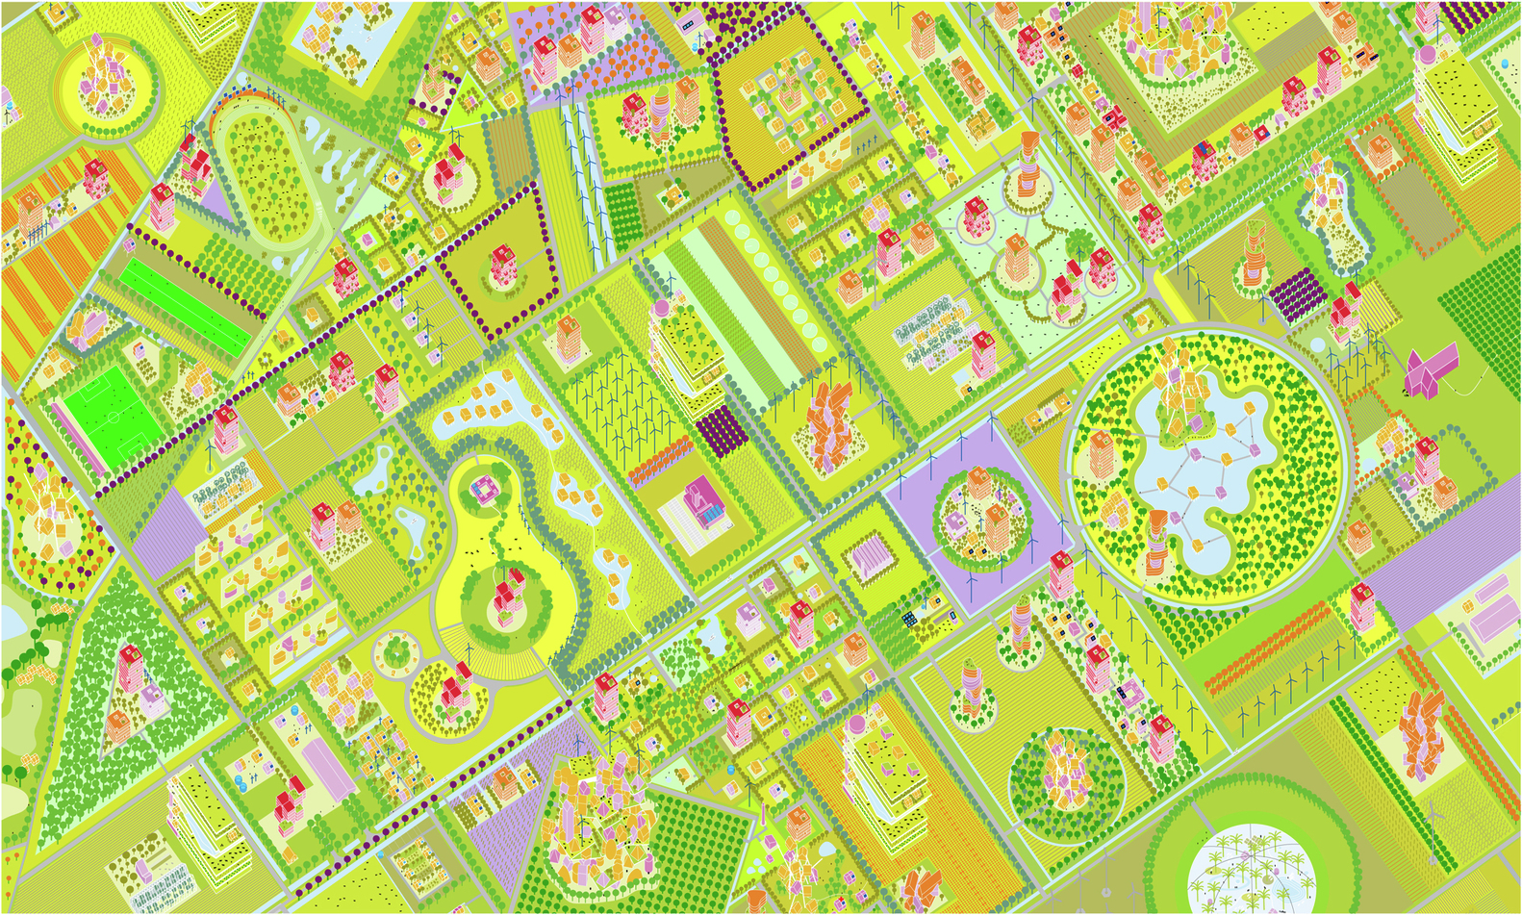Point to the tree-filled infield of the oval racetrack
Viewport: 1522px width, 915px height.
click(x=267, y=175)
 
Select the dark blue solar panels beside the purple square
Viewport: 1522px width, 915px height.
click(x=906, y=619)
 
